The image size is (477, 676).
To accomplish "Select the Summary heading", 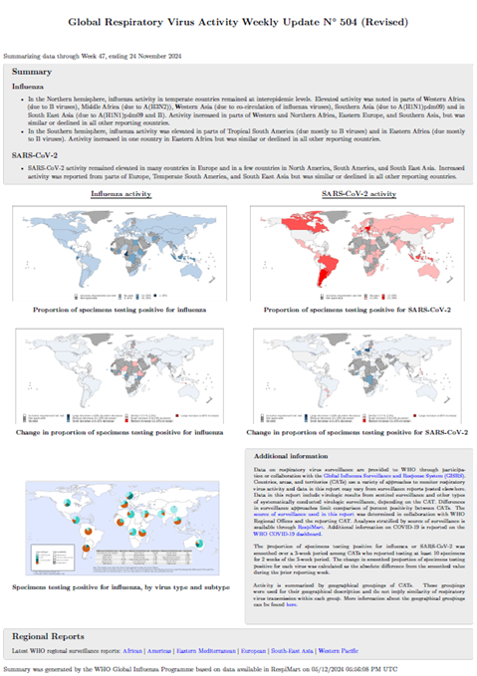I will [31, 72].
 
